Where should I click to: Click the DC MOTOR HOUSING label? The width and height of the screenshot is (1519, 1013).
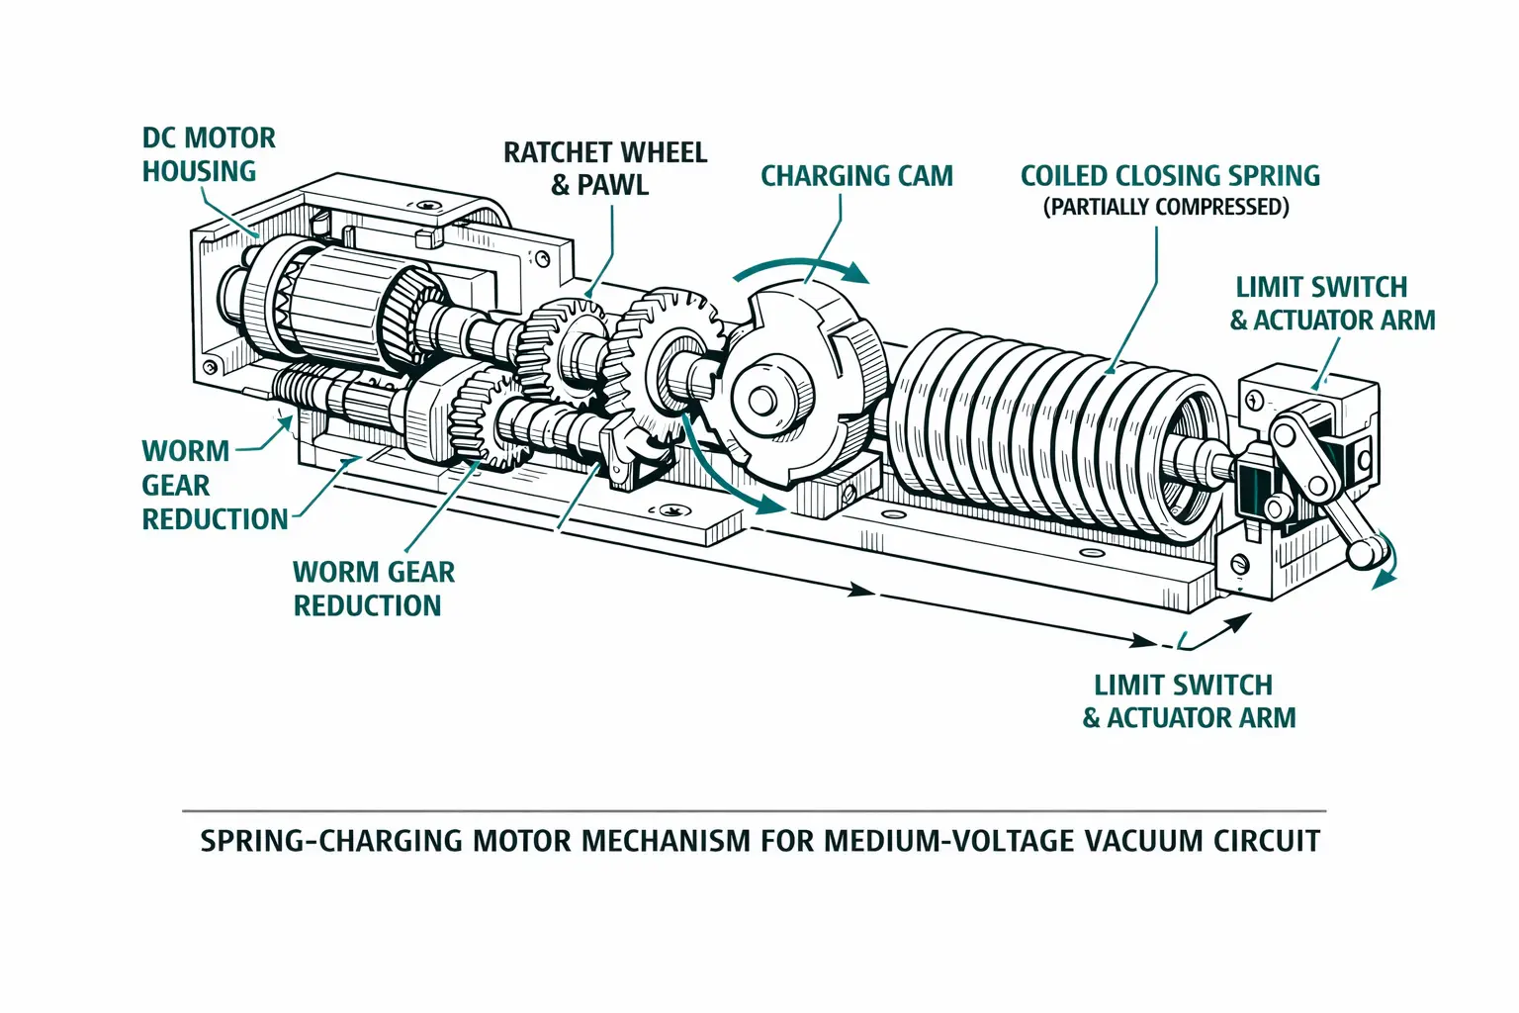pos(208,154)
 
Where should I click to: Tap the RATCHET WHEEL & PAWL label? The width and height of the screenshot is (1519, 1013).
pos(604,168)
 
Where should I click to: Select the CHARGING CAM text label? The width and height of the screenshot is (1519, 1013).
pos(856,176)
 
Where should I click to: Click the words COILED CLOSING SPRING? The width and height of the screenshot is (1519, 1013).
pos(1170,176)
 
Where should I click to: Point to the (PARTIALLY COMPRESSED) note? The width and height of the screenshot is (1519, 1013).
pos(1166,207)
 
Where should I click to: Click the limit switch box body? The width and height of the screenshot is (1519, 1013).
pos(1315,406)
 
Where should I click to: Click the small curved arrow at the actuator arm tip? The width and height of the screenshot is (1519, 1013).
pos(1385,564)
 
